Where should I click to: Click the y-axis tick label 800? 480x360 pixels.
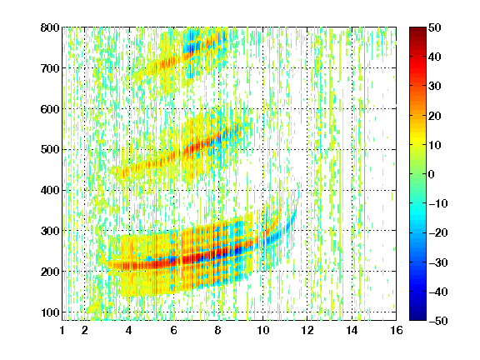pyautogui.click(x=50, y=27)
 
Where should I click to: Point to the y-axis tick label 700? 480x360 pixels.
pyautogui.click(x=50, y=68)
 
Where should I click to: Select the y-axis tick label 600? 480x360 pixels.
pyautogui.click(x=50, y=109)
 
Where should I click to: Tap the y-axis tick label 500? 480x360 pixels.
pyautogui.click(x=50, y=150)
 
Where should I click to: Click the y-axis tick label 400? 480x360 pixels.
pyautogui.click(x=50, y=190)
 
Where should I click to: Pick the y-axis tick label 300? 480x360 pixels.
pyautogui.click(x=50, y=231)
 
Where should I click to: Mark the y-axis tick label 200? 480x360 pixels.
pyautogui.click(x=50, y=272)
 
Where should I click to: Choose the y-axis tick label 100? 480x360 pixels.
pyautogui.click(x=50, y=312)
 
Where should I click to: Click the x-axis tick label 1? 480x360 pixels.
pyautogui.click(x=62, y=330)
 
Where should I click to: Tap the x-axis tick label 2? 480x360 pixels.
pyautogui.click(x=85, y=330)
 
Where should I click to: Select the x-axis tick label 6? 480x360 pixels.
pyautogui.click(x=174, y=330)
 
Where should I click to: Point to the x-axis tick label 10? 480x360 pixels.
pyautogui.click(x=263, y=330)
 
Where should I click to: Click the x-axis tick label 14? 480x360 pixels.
pyautogui.click(x=352, y=330)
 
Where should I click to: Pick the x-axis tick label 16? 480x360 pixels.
pyautogui.click(x=397, y=330)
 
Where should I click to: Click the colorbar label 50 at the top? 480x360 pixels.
pyautogui.click(x=435, y=27)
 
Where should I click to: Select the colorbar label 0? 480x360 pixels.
pyautogui.click(x=432, y=174)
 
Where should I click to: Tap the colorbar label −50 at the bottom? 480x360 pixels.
pyautogui.click(x=438, y=321)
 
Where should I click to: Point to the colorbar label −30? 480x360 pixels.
pyautogui.click(x=438, y=262)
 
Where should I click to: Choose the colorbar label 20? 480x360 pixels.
pyautogui.click(x=435, y=116)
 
